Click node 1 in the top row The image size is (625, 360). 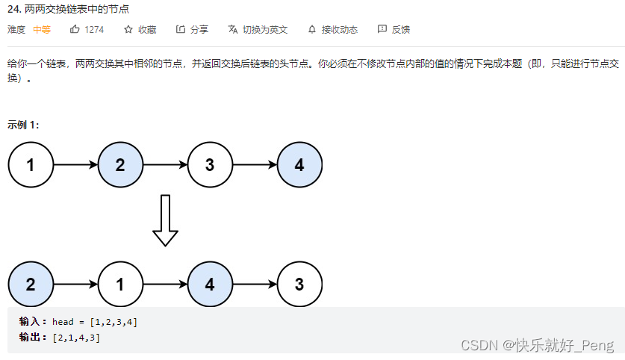click(31, 165)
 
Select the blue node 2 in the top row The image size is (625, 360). click(120, 165)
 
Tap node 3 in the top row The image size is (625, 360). click(210, 165)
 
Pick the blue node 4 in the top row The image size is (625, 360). click(299, 165)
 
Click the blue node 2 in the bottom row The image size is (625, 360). click(31, 284)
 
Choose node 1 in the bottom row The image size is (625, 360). click(120, 284)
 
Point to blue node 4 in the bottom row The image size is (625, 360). click(210, 284)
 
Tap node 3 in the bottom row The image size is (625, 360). click(299, 284)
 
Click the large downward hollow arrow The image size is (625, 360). click(165, 220)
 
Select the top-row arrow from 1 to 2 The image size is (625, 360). click(75, 165)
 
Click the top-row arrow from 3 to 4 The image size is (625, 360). click(255, 165)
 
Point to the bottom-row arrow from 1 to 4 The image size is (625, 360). click(165, 284)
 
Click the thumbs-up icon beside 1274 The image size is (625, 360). click(75, 29)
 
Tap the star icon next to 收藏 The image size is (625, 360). click(128, 29)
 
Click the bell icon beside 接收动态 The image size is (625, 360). click(312, 30)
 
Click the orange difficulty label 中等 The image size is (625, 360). click(42, 30)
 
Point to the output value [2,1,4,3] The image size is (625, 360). click(76, 338)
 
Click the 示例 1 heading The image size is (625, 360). click(23, 125)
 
